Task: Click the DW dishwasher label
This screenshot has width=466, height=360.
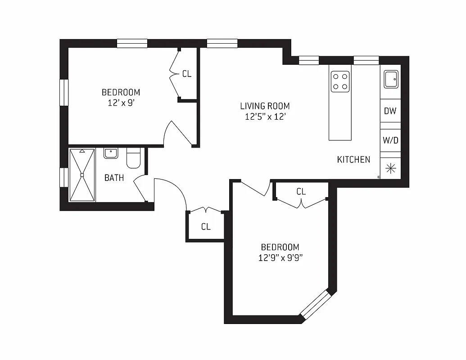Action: point(390,111)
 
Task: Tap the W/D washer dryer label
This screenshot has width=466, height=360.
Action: point(390,140)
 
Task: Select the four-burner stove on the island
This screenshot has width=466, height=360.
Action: point(340,81)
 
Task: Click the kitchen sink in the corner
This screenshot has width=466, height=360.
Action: point(390,80)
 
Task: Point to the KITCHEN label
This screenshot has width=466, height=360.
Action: point(353,159)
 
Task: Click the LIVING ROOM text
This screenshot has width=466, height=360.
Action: point(264,106)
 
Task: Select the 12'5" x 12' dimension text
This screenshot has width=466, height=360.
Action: point(264,117)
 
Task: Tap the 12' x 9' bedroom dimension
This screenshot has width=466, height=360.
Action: point(120,103)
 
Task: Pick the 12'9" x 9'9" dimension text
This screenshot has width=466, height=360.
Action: point(280,258)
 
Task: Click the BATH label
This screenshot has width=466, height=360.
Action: point(114,178)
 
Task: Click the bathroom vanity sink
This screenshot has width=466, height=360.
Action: point(110,153)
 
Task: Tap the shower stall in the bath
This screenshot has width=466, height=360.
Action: point(82,175)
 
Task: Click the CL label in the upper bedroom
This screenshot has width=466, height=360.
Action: point(186,74)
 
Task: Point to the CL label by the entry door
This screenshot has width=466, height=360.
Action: point(206,227)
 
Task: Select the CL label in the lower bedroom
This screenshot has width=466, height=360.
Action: point(301,192)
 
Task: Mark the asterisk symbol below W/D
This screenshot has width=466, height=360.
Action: point(390,168)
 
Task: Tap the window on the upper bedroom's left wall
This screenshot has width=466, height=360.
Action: point(64,93)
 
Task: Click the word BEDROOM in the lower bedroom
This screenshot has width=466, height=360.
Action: point(280,247)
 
